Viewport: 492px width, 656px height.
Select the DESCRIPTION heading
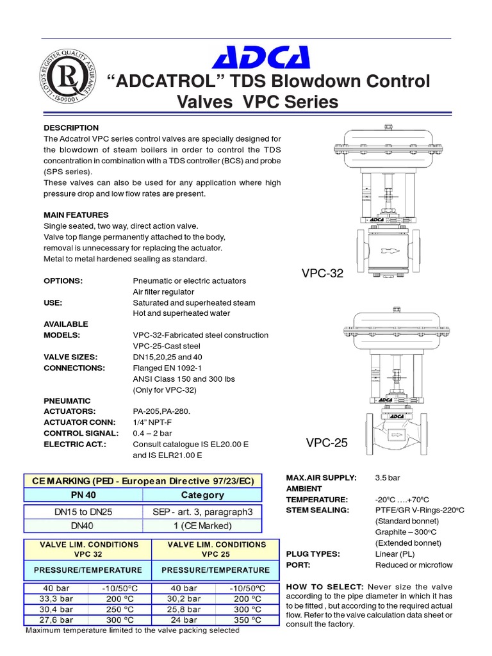point(71,128)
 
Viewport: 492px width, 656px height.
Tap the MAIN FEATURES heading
point(76,215)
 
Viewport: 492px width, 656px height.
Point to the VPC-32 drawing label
point(322,274)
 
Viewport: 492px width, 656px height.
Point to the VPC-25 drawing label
point(327,443)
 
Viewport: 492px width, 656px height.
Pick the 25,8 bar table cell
point(184,610)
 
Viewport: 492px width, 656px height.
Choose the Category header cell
point(202,495)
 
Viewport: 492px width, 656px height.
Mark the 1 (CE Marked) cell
point(202,526)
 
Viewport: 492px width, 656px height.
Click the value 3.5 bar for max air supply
point(388,478)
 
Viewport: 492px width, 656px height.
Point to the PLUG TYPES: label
point(313,554)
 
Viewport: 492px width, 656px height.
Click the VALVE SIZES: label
point(70,357)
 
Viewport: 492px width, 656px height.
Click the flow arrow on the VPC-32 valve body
point(387,250)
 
